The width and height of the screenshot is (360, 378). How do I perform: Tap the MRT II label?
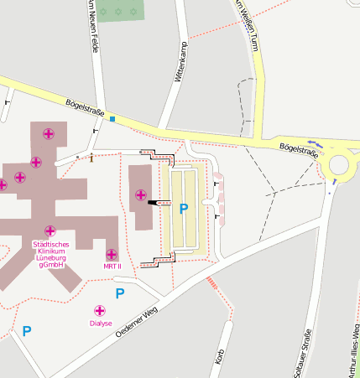[112, 267]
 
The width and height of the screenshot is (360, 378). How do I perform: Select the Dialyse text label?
[100, 323]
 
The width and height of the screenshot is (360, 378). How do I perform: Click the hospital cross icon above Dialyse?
[100, 311]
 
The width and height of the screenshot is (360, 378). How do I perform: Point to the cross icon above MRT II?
[112, 254]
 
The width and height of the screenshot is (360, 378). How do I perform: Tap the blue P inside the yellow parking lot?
[184, 208]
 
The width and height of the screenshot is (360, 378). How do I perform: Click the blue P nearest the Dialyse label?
[120, 293]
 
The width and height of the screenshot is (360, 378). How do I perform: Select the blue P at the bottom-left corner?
[27, 331]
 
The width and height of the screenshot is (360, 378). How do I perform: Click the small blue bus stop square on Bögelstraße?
[112, 119]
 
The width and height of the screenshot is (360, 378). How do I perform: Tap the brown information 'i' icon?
[91, 156]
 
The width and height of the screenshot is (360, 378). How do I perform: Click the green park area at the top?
[119, 10]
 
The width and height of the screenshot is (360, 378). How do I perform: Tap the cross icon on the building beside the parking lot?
[140, 195]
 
